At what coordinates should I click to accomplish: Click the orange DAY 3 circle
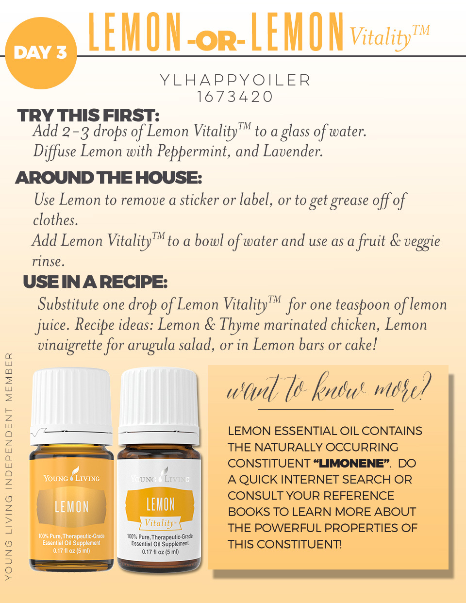(41, 53)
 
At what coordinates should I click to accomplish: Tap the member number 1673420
(235, 97)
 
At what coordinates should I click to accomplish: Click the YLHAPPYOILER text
(235, 80)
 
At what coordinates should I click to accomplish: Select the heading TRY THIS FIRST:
(88, 116)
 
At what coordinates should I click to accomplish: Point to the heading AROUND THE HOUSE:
(108, 178)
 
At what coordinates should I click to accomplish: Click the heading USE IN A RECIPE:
(95, 282)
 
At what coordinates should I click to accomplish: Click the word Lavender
(293, 151)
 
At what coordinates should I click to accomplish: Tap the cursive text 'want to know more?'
(329, 388)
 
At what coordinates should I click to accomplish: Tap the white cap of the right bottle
(159, 398)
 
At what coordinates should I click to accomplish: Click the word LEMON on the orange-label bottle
(72, 507)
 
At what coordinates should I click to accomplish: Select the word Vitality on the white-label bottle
(159, 523)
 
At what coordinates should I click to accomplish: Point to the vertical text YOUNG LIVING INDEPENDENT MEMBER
(9, 466)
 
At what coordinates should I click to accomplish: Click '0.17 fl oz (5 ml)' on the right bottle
(160, 552)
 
